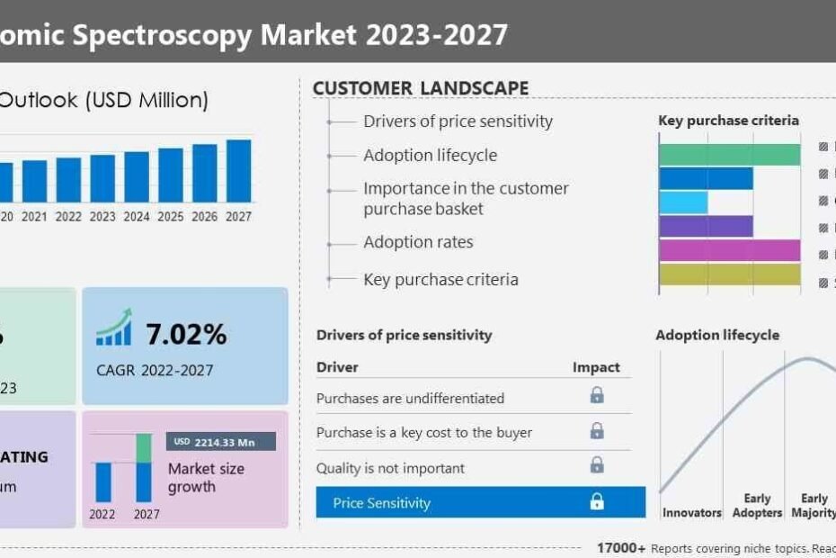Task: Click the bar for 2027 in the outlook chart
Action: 238,171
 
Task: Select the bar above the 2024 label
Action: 137,176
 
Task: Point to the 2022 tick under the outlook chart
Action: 68,217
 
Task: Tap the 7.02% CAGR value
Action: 186,335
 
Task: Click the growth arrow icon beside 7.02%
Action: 114,328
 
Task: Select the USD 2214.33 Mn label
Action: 220,441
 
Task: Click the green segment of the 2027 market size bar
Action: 144,447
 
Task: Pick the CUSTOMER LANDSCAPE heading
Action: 421,88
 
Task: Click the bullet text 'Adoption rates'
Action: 418,242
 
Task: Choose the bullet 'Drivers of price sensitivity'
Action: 458,121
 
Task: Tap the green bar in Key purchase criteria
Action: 729,154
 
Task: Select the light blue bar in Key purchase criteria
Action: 683,202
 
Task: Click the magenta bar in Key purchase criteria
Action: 729,250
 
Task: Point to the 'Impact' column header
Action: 596,367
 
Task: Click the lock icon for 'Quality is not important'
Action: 597,465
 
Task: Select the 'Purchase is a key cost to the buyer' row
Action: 424,432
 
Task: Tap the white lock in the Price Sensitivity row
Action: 597,502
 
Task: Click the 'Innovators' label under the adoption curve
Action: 692,513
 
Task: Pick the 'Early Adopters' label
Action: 757,506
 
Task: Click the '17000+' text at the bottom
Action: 621,548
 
